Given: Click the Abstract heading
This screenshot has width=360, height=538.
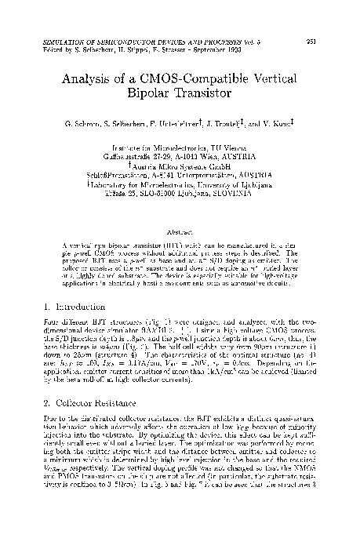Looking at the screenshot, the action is coord(180,231).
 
